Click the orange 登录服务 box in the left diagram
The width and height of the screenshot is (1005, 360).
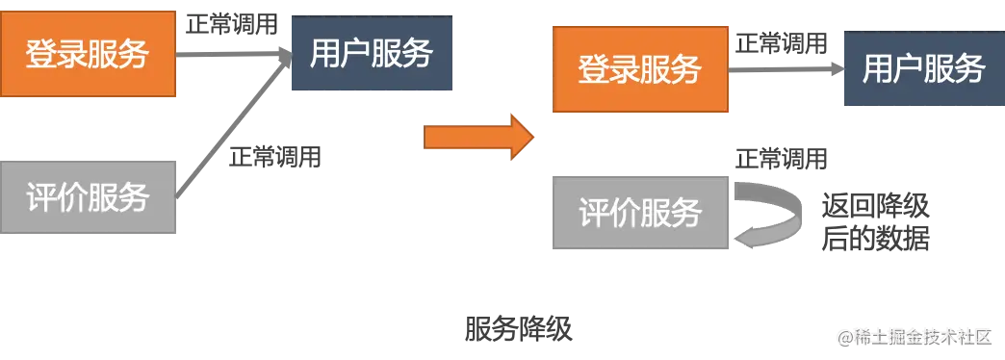click(x=88, y=55)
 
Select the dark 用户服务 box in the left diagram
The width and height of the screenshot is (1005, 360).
click(x=372, y=53)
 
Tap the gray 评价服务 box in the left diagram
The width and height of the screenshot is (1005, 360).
click(x=88, y=196)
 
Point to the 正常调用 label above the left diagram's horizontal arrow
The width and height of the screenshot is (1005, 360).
click(x=232, y=24)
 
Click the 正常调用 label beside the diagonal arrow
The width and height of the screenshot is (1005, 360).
click(x=275, y=156)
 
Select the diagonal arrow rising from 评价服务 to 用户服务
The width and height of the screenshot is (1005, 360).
click(x=234, y=126)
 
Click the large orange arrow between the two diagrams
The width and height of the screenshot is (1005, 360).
click(x=478, y=137)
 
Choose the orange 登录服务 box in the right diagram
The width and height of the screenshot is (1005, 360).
click(x=640, y=69)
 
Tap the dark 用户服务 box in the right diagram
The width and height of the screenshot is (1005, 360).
click(x=924, y=68)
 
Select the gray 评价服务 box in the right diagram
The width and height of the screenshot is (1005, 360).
click(x=640, y=212)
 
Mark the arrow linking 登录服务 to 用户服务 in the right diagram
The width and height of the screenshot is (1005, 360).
click(x=786, y=69)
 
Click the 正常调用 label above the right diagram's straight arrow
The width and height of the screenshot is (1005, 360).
click(x=782, y=43)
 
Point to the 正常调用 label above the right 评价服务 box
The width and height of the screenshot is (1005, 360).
click(x=782, y=158)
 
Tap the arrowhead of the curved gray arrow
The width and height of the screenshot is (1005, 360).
click(x=743, y=239)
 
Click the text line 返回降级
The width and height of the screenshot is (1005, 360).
click(x=875, y=208)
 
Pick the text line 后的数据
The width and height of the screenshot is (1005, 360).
click(x=875, y=239)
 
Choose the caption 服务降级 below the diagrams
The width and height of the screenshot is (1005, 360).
click(x=518, y=329)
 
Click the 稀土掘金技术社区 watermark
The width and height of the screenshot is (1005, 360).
click(x=915, y=338)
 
